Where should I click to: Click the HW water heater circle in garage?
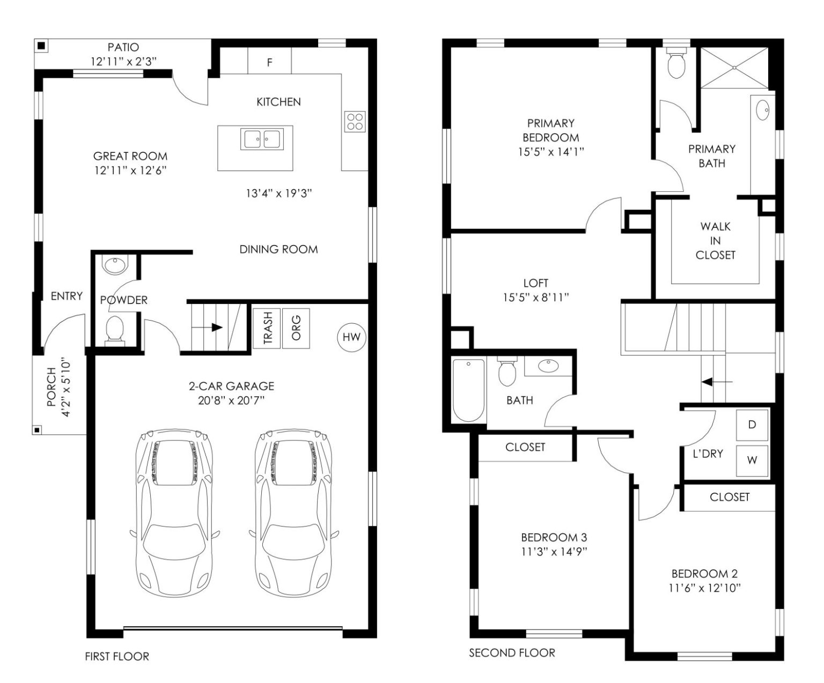(x=351, y=337)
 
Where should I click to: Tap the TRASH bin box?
(x=267, y=328)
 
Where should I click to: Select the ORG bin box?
(x=296, y=328)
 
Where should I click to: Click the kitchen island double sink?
(x=262, y=139)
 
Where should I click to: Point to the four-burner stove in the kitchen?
(x=355, y=122)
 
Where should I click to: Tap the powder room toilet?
(x=115, y=330)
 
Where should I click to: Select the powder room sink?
(x=115, y=265)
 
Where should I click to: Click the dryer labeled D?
(x=752, y=425)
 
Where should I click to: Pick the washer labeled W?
(x=752, y=460)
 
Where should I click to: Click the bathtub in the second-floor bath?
(x=468, y=390)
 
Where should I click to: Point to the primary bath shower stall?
(x=734, y=68)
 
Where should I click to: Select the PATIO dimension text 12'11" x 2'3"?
(x=123, y=62)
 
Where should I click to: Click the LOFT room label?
(x=535, y=283)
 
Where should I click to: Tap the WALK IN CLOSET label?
(x=715, y=241)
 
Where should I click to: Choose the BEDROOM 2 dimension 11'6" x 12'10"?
(x=704, y=588)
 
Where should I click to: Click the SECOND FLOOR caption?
(x=512, y=652)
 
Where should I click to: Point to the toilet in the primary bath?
(x=676, y=64)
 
